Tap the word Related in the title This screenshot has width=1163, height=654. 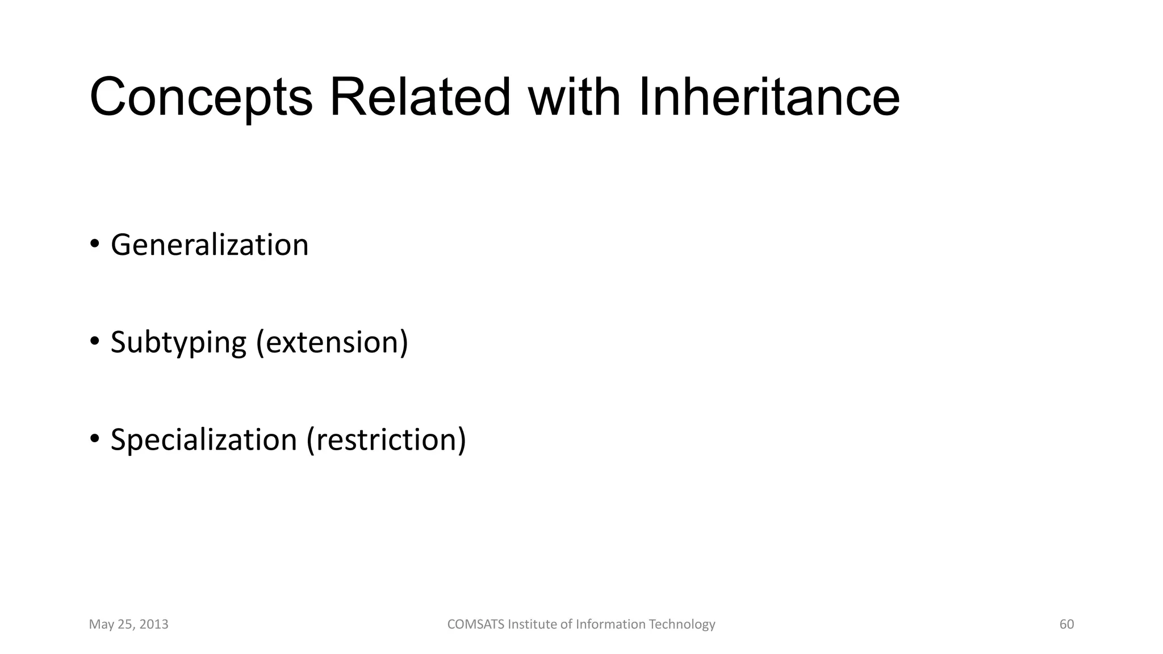420,98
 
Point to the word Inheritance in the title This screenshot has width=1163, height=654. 769,98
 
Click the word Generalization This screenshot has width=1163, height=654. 210,245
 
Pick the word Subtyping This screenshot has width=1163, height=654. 178,343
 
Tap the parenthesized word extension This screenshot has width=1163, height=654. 332,343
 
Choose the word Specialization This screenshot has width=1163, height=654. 204,440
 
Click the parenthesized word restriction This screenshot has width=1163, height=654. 386,440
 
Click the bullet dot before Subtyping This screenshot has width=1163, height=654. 94,342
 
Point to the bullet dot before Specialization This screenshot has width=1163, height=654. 94,439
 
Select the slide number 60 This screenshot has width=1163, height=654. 1066,624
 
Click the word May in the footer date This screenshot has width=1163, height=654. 101,625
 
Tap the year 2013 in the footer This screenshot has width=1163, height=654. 154,624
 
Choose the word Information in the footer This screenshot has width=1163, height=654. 611,624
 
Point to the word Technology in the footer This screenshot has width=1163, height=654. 682,625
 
